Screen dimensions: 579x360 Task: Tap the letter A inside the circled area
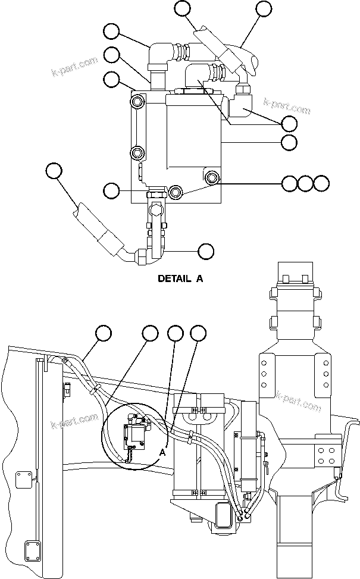tap(162, 452)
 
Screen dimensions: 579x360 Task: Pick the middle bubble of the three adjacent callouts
tap(305, 183)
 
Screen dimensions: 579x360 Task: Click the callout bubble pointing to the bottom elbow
tap(206, 251)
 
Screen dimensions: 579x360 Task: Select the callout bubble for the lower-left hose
tap(54, 171)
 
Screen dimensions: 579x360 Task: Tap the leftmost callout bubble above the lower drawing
tap(104, 333)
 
